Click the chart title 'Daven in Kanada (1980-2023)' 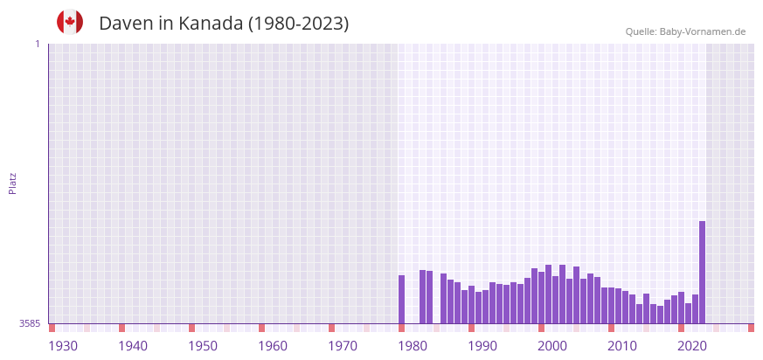coord(224,24)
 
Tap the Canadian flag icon coord(70,22)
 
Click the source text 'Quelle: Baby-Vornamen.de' coord(685,31)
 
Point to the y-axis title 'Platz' coord(12,183)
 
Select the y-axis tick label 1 coord(37,44)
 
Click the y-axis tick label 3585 coord(30,323)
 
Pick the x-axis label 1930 coord(63,346)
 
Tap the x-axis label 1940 coord(133,346)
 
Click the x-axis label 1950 coord(203,346)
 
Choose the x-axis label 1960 coord(273,346)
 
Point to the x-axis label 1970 coord(343,346)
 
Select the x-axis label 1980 coord(413,346)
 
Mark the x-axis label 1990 coord(482,346)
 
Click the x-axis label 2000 coord(552,346)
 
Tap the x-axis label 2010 coord(622,346)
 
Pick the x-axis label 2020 coord(692,346)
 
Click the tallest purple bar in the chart coord(702,272)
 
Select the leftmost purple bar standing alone coord(401,299)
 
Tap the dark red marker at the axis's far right coord(751,328)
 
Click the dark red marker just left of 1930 coord(52,328)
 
